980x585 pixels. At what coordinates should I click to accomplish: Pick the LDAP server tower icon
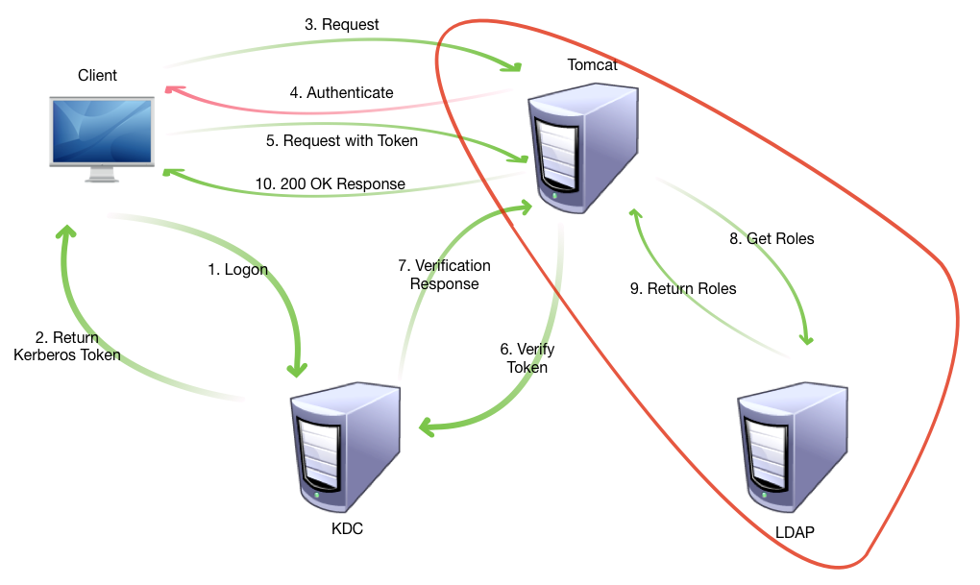point(795,449)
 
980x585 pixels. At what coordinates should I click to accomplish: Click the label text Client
point(97,75)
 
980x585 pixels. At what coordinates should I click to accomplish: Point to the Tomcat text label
point(593,65)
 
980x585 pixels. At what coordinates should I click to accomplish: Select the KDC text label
point(346,529)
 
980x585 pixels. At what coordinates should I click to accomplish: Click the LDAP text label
point(794,531)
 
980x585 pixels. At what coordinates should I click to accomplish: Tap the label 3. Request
point(342,24)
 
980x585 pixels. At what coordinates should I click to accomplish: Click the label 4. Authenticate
point(342,93)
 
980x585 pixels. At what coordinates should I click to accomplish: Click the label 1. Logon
point(238,270)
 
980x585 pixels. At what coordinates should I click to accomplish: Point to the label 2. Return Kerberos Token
point(66,347)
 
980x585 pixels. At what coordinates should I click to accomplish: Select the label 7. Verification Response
point(444,275)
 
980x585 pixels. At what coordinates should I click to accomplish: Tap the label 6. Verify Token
point(526,358)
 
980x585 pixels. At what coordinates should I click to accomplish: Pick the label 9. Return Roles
point(683,288)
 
